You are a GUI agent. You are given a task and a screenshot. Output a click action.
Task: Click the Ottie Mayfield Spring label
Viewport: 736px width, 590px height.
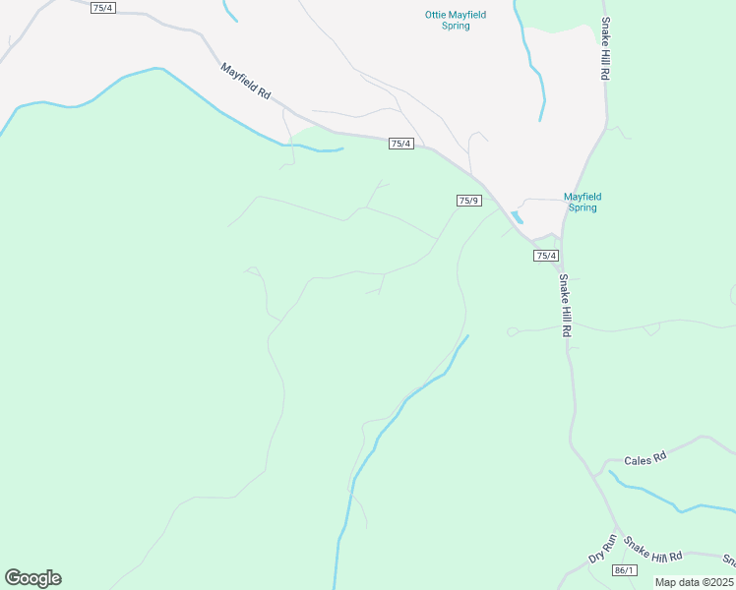click(456, 20)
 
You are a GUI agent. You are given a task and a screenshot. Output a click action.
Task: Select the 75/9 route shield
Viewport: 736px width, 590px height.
click(468, 201)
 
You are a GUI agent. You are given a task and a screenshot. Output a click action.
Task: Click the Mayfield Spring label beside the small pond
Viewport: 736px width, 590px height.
click(582, 202)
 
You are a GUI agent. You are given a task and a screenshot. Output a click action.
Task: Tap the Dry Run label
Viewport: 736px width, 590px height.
click(601, 548)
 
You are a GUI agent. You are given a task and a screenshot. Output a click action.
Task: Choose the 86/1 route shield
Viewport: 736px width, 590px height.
click(623, 570)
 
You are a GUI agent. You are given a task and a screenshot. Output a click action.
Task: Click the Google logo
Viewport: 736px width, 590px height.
click(32, 578)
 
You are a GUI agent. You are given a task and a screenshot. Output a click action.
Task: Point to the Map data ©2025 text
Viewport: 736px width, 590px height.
click(695, 582)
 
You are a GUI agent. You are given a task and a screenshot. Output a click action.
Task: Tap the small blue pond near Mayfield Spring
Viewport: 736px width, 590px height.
click(517, 217)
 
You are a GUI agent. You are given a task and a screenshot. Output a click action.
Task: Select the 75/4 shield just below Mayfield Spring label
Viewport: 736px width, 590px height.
click(546, 256)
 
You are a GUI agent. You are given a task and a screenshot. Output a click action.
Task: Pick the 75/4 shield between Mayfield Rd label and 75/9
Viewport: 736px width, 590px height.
click(400, 144)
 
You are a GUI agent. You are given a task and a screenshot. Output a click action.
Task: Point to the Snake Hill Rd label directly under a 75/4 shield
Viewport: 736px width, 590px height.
click(565, 306)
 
